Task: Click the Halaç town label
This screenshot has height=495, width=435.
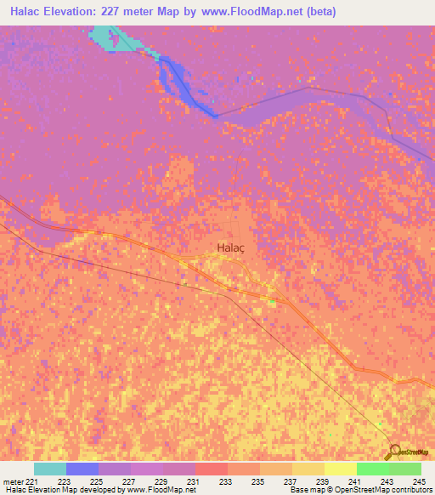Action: [x=225, y=248]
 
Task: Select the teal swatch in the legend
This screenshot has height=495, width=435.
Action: [x=50, y=469]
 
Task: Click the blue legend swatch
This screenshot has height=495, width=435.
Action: [x=82, y=469]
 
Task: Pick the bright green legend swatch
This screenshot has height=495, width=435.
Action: [x=373, y=469]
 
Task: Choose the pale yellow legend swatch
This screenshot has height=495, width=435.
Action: [x=341, y=469]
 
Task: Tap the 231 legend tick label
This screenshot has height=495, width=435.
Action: [x=195, y=481]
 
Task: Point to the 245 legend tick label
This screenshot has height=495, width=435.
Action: [x=421, y=481]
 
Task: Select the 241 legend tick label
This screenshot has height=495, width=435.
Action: [x=356, y=481]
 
